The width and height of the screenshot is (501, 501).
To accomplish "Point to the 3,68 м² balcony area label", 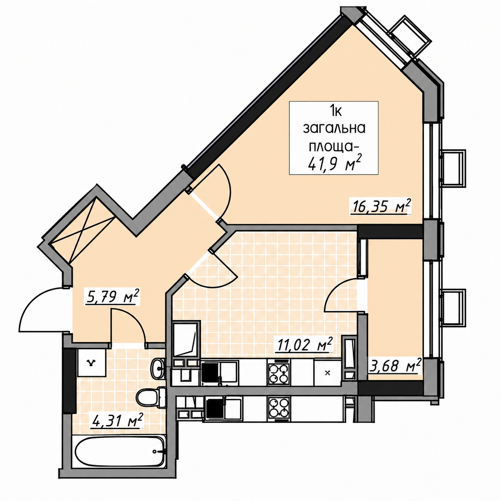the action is [394, 365].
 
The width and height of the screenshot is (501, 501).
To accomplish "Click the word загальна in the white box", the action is [334, 128].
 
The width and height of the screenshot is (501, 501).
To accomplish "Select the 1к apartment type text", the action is [334, 112].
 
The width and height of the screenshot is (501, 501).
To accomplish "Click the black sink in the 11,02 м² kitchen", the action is [211, 373].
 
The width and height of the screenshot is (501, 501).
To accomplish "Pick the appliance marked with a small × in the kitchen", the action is [328, 372].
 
